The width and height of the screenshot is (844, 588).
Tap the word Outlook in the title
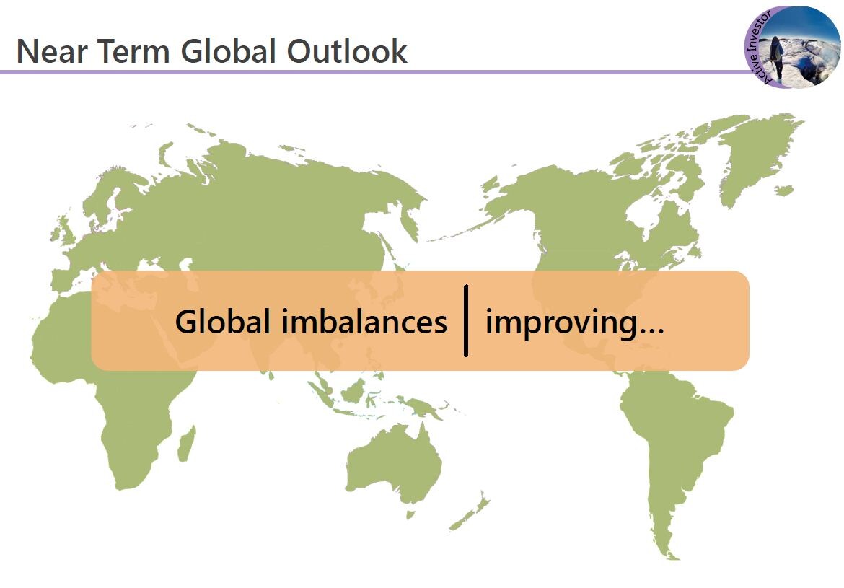point(347,51)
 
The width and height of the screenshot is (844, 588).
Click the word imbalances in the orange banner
point(364,322)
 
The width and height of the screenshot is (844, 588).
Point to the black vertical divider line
point(466,321)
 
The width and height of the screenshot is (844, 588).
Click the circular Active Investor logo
point(792,47)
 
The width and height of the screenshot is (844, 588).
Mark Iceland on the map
point(784,190)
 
